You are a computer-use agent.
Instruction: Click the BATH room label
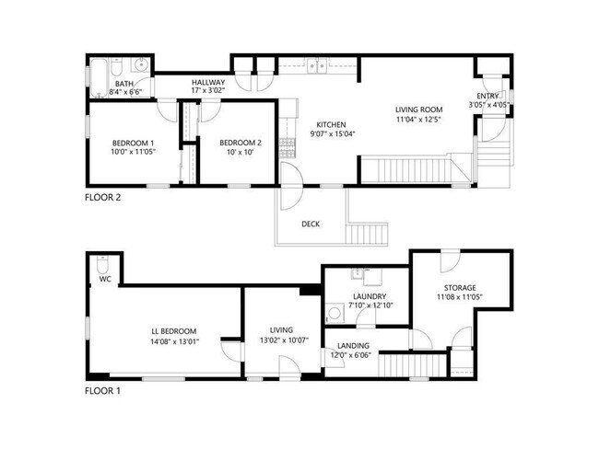(123, 83)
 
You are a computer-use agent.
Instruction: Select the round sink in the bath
(140, 65)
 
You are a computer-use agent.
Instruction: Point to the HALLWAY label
(208, 82)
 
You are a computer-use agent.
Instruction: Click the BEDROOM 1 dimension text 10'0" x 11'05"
(133, 153)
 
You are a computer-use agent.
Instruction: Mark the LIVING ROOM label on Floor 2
(420, 109)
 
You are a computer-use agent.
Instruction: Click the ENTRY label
(488, 96)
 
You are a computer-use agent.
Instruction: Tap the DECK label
(311, 224)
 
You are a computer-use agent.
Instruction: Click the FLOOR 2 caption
(102, 197)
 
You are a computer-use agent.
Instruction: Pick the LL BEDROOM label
(174, 331)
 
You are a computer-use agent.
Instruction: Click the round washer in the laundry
(335, 313)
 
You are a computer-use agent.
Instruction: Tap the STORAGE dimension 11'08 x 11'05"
(457, 297)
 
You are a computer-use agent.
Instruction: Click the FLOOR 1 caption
(102, 390)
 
